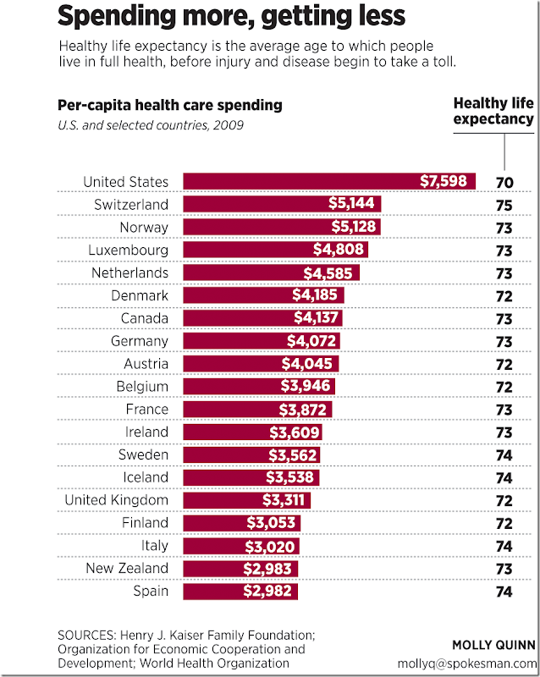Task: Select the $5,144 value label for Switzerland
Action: [x=355, y=204]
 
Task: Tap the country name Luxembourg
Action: [x=129, y=250]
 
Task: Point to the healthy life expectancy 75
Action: [x=504, y=204]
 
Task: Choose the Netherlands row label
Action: [x=129, y=272]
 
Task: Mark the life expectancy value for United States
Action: [x=504, y=181]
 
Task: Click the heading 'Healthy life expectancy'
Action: [x=493, y=111]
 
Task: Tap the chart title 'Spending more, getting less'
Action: [x=231, y=15]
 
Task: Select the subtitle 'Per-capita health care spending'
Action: [x=170, y=106]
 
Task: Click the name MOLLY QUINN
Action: [x=493, y=646]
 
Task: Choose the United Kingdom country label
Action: [x=117, y=500]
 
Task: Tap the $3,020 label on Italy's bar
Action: [x=270, y=545]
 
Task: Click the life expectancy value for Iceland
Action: [x=504, y=477]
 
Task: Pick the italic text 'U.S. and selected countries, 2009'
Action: [x=151, y=125]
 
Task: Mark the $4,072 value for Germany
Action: [x=311, y=341]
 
